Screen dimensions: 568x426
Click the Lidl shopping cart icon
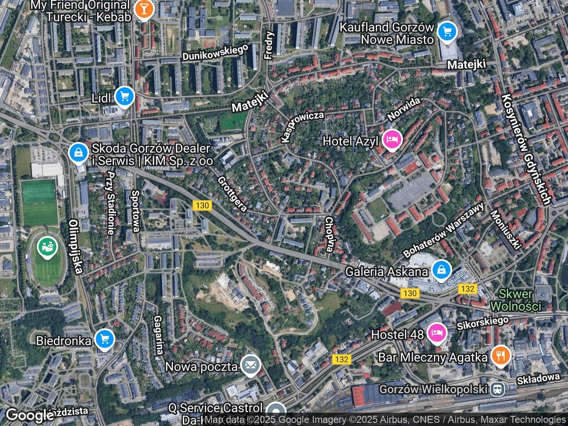(124, 96)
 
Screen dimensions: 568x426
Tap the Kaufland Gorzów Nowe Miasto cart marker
(447, 32)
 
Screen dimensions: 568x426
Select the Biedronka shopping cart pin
(105, 340)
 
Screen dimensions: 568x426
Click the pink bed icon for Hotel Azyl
(391, 140)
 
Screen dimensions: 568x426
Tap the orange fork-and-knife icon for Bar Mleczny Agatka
(501, 356)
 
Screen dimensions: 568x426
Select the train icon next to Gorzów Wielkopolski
(498, 390)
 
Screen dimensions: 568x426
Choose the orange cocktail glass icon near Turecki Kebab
(143, 9)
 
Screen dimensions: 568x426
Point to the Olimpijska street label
(76, 247)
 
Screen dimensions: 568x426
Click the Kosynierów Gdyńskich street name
(527, 149)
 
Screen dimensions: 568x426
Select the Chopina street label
(329, 234)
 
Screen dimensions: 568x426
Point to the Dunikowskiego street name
(215, 52)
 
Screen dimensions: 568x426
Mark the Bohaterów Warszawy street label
(444, 231)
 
